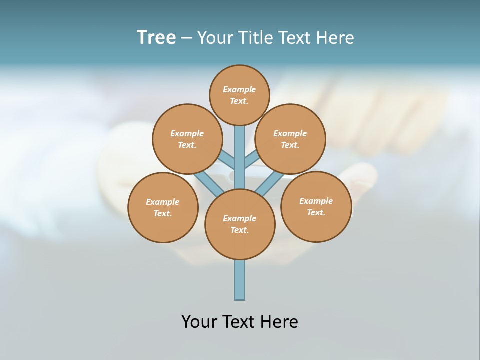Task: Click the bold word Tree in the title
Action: click(156, 37)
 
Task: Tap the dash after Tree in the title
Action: click(186, 38)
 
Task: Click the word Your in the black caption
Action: click(199, 321)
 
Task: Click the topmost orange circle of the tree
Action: click(240, 95)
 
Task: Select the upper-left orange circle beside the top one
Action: click(187, 139)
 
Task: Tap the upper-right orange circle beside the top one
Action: click(290, 139)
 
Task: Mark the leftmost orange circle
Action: click(163, 207)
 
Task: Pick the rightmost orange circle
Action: click(316, 206)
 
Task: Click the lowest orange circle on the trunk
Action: click(240, 224)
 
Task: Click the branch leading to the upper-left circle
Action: click(227, 161)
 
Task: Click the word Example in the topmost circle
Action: click(239, 89)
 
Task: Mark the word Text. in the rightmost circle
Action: click(316, 212)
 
